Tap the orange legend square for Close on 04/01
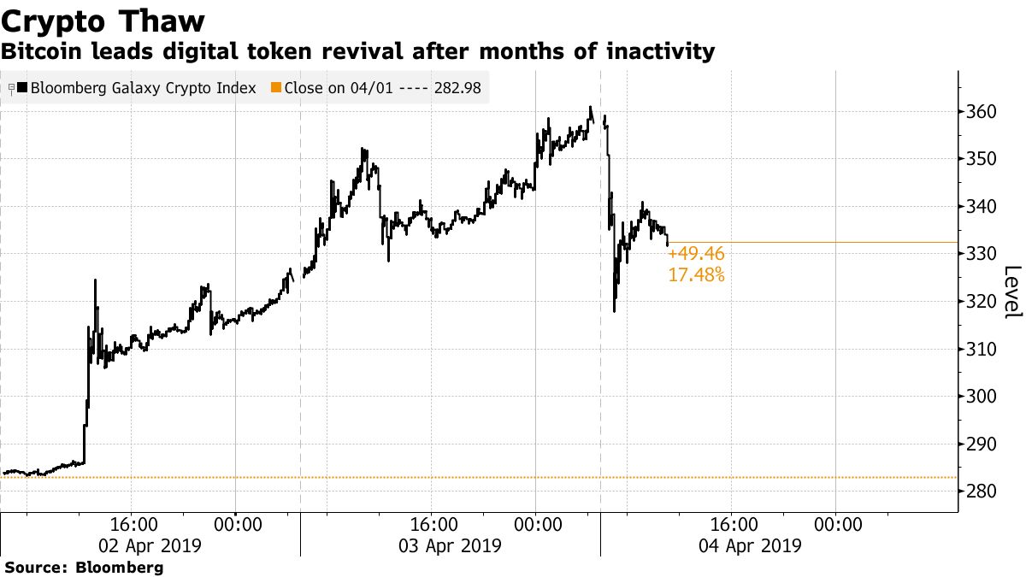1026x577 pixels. [x=275, y=87]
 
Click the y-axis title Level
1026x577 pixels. [x=1012, y=292]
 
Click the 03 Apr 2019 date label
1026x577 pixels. [x=450, y=545]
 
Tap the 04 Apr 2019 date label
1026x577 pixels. [x=750, y=545]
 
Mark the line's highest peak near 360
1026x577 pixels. [x=590, y=108]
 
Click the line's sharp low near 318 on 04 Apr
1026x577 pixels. [x=614, y=310]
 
